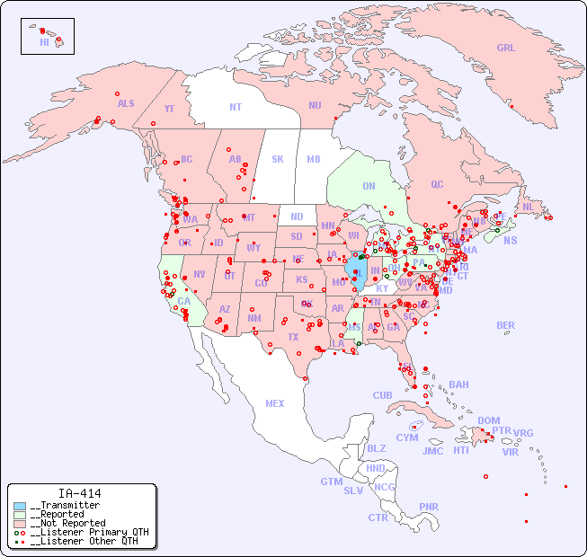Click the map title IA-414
coord(79,493)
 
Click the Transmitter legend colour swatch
coord(20,506)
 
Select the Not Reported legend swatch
coord(20,523)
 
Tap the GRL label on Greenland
coord(506,49)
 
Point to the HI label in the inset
coord(44,42)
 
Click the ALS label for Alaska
coord(126,103)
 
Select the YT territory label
coord(169,109)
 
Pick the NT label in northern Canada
coord(235,107)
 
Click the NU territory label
coord(315,105)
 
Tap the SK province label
coord(278,159)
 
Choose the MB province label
coord(314,159)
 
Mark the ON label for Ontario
coord(369,186)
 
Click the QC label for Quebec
coord(437,184)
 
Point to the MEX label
coord(275,403)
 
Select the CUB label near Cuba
coord(382,395)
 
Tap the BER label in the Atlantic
coord(506,325)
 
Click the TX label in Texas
coord(293,337)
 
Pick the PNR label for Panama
coord(429,507)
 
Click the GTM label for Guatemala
coord(331,482)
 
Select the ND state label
coord(297,217)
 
